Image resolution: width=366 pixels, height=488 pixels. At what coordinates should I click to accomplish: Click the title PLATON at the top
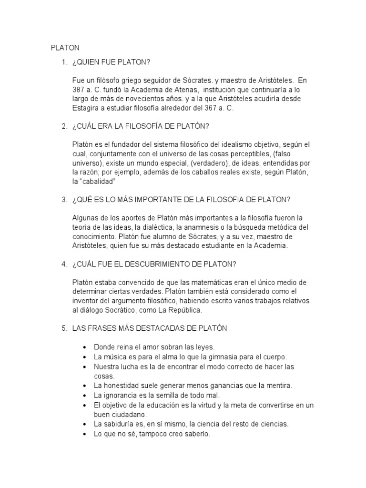(65, 48)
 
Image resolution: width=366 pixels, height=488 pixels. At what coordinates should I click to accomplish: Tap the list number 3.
(64, 199)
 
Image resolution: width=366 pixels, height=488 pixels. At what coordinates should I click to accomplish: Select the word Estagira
(87, 108)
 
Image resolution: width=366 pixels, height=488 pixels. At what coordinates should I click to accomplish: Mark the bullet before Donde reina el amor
(84, 347)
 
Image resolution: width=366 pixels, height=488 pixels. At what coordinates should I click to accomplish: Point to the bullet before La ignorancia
(84, 395)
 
